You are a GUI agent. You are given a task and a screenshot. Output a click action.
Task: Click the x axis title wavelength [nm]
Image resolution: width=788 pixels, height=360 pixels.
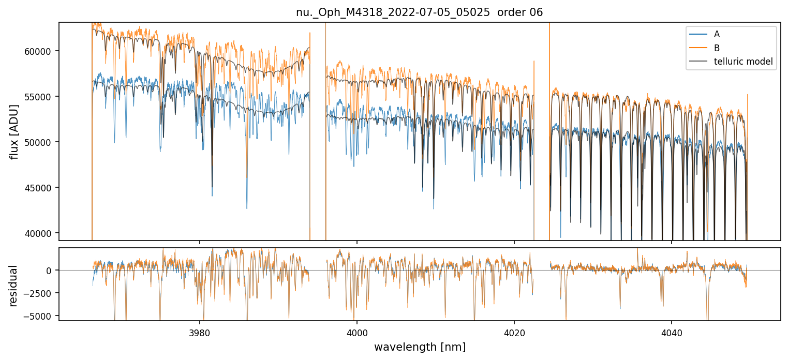420,347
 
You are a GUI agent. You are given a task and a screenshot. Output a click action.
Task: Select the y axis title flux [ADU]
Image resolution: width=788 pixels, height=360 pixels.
14,131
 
